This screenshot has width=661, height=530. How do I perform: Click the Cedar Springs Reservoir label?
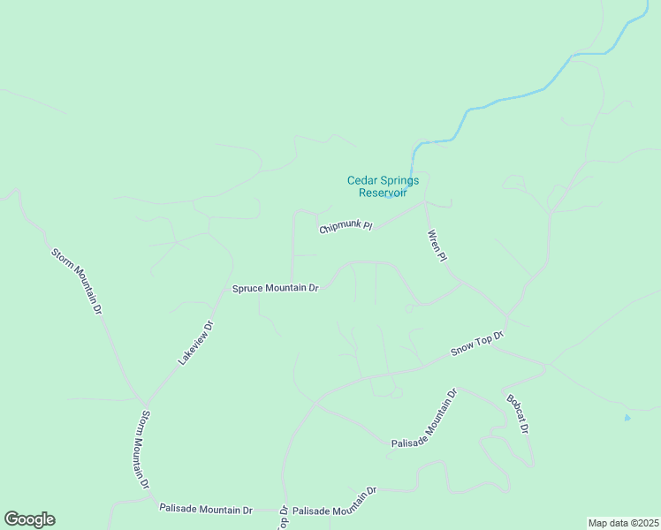tap(383, 186)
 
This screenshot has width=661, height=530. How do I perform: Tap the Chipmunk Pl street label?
tap(346, 227)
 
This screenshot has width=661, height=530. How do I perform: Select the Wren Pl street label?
tap(437, 246)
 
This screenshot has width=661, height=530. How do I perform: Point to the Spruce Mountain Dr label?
tap(275, 288)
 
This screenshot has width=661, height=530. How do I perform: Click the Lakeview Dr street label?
tap(196, 343)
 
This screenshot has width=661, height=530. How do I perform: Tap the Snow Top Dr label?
tap(476, 344)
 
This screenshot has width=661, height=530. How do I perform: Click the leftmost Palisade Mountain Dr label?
tap(206, 509)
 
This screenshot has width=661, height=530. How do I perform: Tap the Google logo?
tap(29, 519)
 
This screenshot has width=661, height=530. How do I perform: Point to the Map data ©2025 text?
tap(624, 523)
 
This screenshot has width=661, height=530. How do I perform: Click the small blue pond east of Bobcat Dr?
tap(627, 417)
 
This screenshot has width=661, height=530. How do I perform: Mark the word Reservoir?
tap(383, 193)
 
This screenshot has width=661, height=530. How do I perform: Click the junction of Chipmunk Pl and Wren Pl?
tap(425, 203)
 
